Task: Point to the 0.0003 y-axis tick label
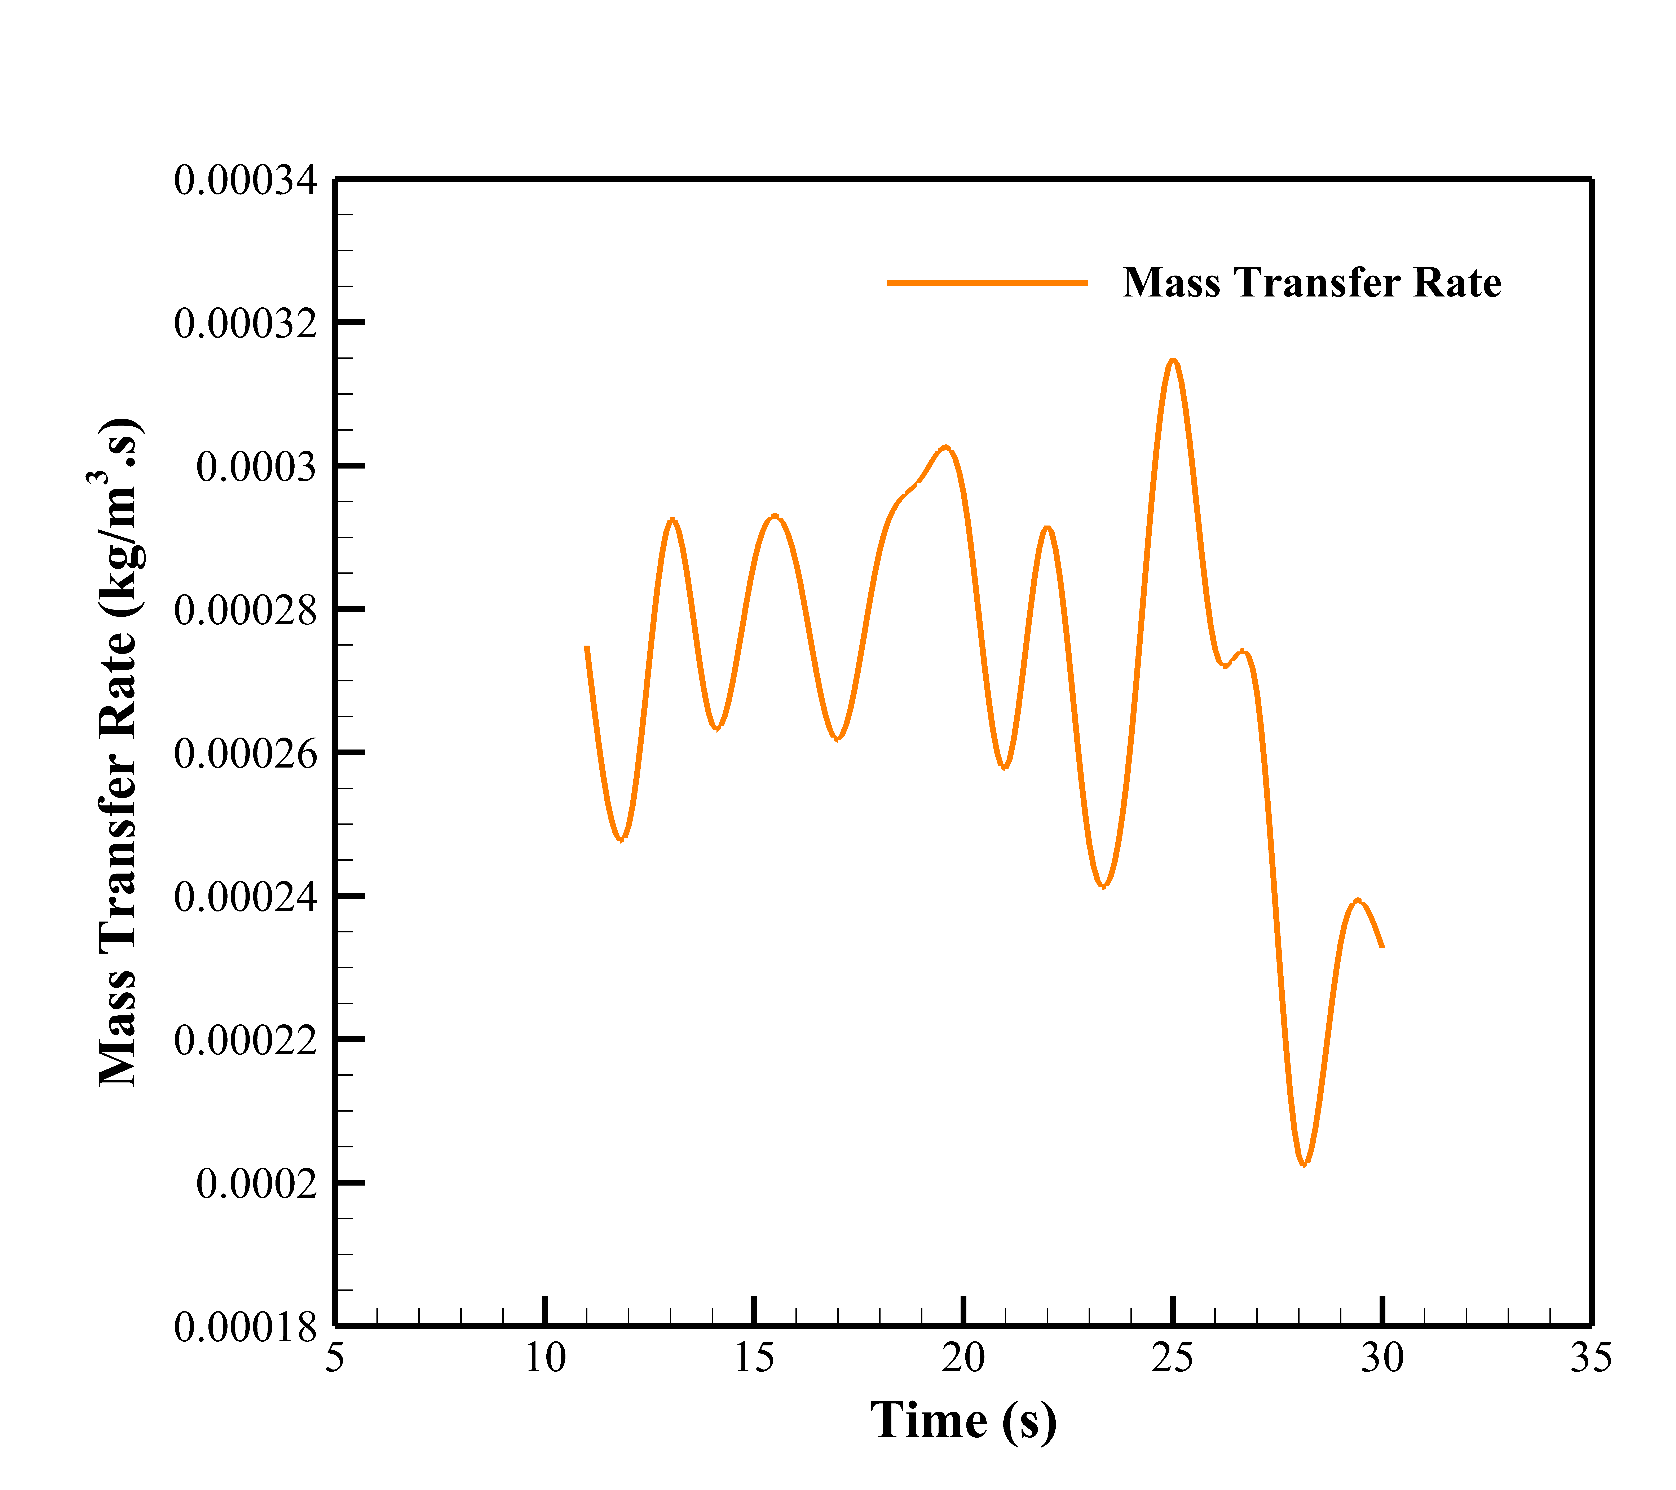[x=256, y=467]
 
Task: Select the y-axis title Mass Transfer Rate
[x=119, y=753]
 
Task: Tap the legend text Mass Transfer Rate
[x=1312, y=283]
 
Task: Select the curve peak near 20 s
[x=946, y=448]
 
